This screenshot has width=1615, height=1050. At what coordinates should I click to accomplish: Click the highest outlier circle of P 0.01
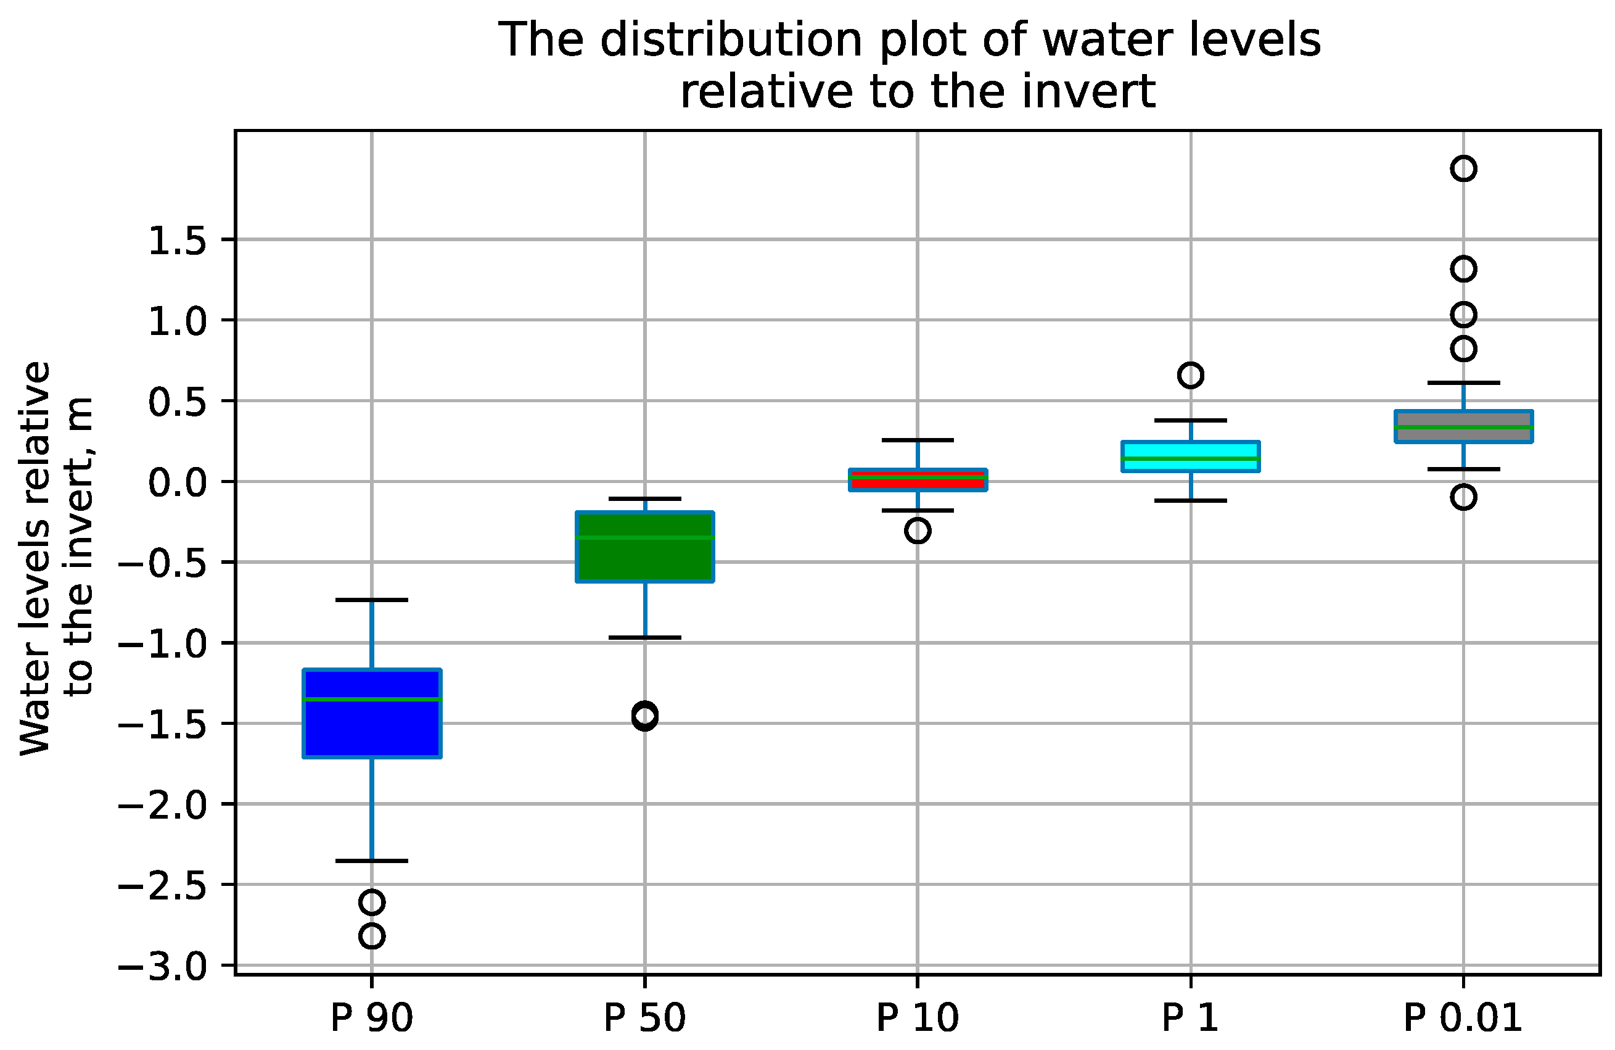(1464, 168)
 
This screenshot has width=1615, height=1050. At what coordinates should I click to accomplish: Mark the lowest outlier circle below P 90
(372, 936)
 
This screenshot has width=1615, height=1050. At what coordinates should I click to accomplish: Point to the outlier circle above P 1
(1191, 374)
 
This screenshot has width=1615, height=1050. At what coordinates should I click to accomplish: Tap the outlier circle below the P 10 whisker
(918, 531)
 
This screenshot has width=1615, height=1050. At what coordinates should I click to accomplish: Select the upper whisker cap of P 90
(372, 600)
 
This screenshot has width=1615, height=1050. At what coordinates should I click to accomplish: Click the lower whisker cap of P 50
(644, 637)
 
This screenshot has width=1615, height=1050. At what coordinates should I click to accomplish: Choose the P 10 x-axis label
(918, 1019)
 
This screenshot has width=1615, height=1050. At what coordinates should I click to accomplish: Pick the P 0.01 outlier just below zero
(1464, 497)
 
